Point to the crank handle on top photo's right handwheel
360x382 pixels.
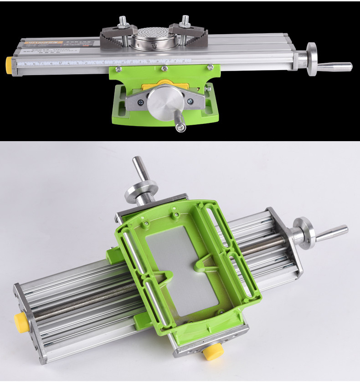[335, 66]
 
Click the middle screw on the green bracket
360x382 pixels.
[163, 69]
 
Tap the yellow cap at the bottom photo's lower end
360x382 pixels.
[212, 351]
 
